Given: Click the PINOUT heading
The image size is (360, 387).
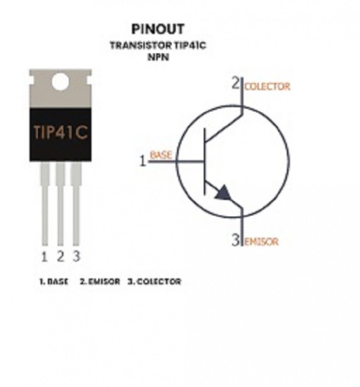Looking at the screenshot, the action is coord(158,29).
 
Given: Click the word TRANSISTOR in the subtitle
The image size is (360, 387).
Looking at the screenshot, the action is coord(140,45).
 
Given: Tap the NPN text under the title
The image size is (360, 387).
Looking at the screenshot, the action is coord(158,57).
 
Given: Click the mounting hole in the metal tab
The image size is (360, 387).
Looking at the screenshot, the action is coord(60,81).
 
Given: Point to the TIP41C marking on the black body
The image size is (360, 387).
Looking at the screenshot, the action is coord(61,132).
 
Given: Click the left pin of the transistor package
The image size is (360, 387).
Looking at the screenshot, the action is coord(45,204).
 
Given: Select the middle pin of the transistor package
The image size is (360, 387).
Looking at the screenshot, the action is coord(60,204).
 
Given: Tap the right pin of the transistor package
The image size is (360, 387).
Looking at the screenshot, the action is coord(76,204).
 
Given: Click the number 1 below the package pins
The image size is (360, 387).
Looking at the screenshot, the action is coord(44,257).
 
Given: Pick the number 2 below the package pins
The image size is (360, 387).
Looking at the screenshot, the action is coord(60,256).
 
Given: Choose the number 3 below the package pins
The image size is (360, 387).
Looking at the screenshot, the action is coord(77,256).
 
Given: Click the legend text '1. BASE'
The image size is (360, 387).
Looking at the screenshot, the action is coord(54,282).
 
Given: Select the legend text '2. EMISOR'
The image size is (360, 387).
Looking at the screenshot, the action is coord(100,282).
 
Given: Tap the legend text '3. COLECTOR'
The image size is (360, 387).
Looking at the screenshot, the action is coord(154,282).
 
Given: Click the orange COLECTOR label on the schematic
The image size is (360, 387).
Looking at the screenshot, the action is coord(267,87).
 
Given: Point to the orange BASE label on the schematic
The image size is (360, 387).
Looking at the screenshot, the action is coord(161,155).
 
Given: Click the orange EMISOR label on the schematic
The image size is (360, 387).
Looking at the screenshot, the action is coord(261,242).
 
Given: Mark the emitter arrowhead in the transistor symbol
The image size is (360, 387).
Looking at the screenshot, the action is coord(224,192).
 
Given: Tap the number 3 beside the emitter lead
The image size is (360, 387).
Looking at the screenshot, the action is coord(236,240).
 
